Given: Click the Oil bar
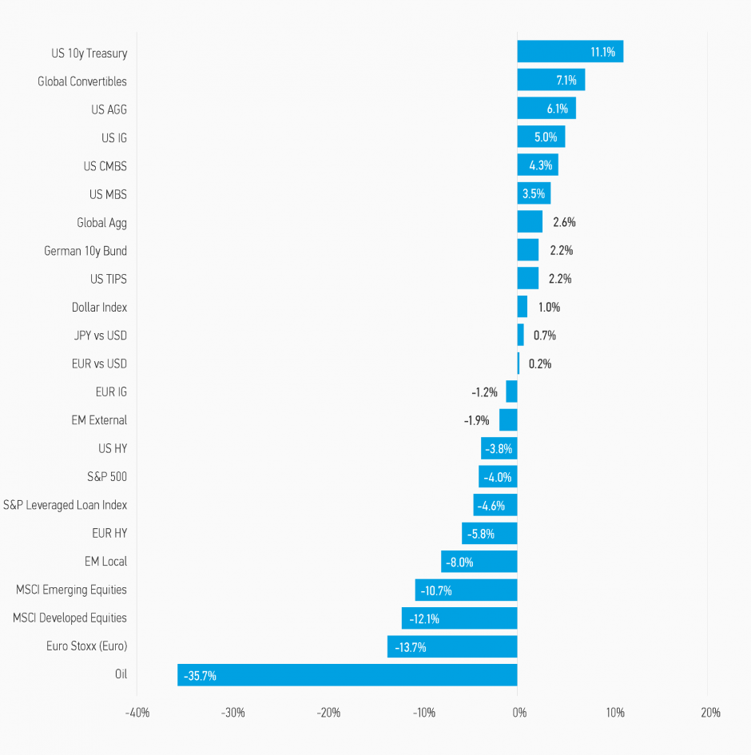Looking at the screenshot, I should (x=348, y=674).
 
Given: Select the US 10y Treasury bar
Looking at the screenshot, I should (x=570, y=53).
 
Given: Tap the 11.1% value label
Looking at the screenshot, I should (x=602, y=53).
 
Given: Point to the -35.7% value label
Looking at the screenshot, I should (x=200, y=675).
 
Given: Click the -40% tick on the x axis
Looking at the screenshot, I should (x=137, y=712).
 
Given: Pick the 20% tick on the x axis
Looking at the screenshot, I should (x=710, y=712).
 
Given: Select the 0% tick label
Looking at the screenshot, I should (x=519, y=712).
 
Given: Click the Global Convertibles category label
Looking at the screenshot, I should (x=82, y=81).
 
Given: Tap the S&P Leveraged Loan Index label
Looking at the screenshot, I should (x=66, y=505).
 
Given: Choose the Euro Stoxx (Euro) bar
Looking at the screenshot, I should (x=452, y=646).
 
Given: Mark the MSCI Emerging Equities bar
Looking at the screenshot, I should (x=466, y=590).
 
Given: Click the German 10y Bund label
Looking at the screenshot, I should (x=85, y=251).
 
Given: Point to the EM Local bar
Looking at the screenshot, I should (x=479, y=562).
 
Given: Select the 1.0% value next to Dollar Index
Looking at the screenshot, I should (x=549, y=308).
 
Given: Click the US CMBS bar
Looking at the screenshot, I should (x=537, y=166).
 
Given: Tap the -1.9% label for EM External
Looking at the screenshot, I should (x=476, y=420).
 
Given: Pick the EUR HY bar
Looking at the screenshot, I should (x=489, y=533).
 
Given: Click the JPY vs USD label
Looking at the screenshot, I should (x=99, y=336).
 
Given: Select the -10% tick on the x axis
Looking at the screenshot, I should (x=423, y=712).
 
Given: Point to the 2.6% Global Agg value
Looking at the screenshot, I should (x=564, y=222).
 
